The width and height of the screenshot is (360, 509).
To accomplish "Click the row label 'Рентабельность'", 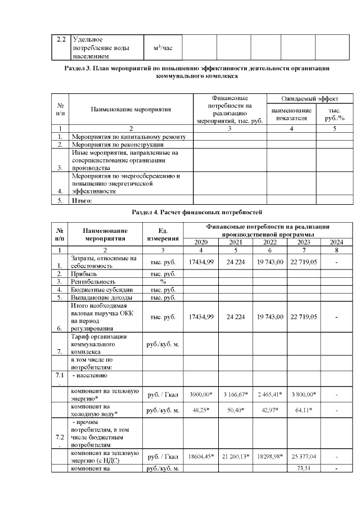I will [93, 281].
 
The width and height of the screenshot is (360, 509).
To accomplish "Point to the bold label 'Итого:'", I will [82, 200].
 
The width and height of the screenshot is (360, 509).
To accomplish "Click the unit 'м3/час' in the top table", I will [163, 48].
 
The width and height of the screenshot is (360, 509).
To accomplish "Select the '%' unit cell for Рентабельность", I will [163, 281].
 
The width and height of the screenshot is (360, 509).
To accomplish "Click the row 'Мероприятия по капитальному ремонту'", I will [129, 137].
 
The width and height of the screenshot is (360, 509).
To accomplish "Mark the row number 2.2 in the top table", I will [61, 39].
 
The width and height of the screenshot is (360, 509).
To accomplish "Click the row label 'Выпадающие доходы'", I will [101, 297].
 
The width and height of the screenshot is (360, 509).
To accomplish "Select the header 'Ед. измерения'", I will [163, 235].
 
